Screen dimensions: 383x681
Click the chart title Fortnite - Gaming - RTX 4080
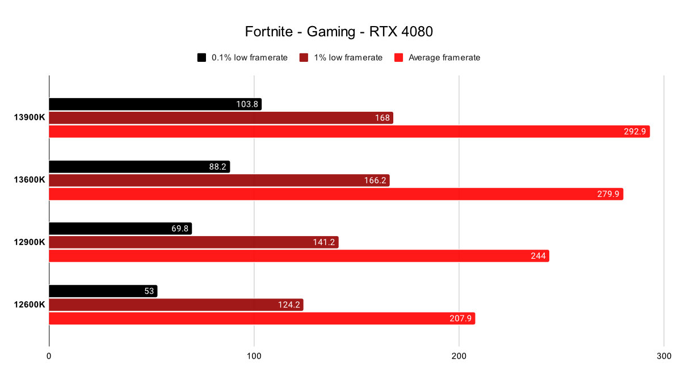339,32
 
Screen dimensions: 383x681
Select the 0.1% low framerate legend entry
242,57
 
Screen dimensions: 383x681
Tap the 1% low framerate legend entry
341,57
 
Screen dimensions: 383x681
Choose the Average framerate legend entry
437,57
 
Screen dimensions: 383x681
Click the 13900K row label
30,118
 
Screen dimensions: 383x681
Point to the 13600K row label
30,180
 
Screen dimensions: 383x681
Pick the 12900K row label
30,242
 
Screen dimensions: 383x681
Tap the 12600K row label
30,305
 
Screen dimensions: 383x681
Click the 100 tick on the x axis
254,356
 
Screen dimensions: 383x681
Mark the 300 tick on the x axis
663,356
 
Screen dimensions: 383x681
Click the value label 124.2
290,305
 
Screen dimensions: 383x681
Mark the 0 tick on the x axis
49,356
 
